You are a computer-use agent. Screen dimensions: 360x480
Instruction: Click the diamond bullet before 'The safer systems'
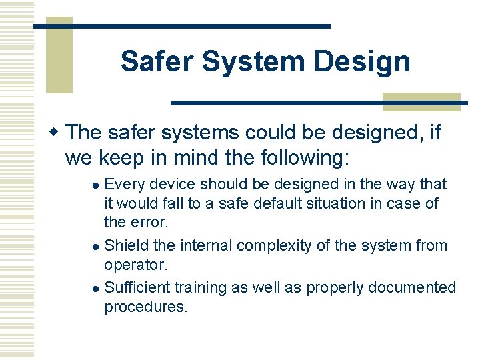57,132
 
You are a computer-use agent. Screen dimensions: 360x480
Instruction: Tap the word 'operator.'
136,265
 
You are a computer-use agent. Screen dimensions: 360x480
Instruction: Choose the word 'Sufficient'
137,287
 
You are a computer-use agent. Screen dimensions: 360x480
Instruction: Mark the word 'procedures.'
146,307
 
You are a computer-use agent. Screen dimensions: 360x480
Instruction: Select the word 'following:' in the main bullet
301,159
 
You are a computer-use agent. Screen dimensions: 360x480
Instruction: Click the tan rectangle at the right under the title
421,101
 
